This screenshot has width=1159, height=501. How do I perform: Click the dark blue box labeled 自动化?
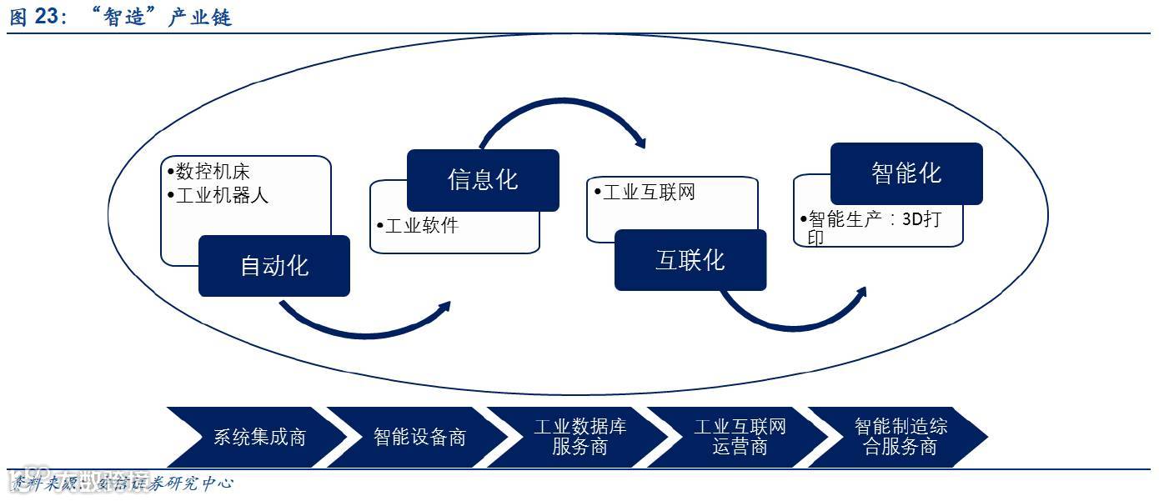[x=273, y=266]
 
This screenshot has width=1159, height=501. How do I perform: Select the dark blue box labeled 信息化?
[x=483, y=180]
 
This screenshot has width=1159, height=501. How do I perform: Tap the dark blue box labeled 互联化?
[x=690, y=260]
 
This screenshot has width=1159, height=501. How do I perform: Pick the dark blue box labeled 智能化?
[x=906, y=173]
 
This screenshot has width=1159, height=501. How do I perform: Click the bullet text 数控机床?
[x=213, y=172]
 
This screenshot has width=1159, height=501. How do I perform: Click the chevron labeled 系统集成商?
[x=259, y=437]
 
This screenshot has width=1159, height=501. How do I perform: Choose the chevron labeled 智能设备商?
[x=419, y=437]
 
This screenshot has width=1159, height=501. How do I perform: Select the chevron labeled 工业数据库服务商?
[x=579, y=437]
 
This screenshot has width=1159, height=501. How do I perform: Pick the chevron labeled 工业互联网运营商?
[x=740, y=437]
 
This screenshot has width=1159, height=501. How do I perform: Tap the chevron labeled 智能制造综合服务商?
[x=901, y=437]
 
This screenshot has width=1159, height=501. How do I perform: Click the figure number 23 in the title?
[x=46, y=18]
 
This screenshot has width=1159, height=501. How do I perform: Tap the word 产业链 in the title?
[x=199, y=18]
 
